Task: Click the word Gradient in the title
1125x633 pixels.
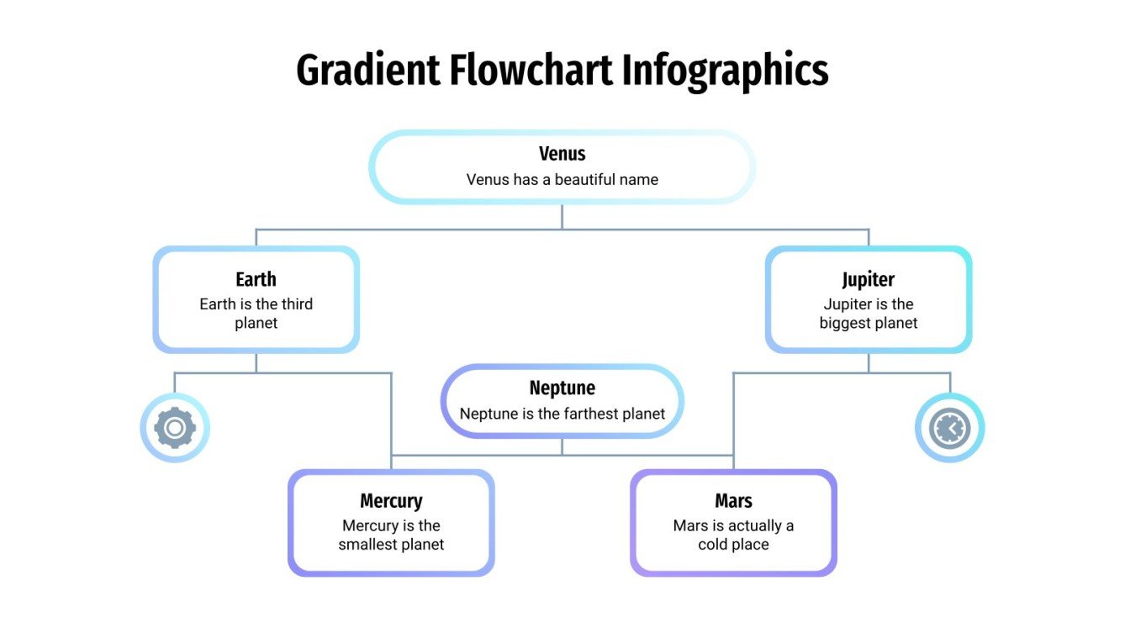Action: (x=367, y=71)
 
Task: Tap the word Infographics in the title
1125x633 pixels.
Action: (x=725, y=71)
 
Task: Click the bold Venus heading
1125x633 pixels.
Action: (x=562, y=154)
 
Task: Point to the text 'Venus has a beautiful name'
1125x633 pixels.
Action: (x=562, y=179)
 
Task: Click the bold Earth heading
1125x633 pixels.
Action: (x=256, y=279)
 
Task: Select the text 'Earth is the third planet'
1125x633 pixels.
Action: (x=256, y=314)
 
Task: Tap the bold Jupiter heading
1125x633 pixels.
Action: (x=868, y=279)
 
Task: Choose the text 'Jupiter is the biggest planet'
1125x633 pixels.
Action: (x=868, y=314)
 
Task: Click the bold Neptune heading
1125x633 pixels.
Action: (x=562, y=388)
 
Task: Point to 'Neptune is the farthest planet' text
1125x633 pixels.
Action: (x=562, y=414)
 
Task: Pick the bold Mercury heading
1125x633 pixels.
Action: (x=391, y=501)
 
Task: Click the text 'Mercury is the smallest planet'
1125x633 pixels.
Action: (x=391, y=535)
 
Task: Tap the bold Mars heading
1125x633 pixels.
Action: (x=733, y=501)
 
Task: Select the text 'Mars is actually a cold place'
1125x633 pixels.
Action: (x=733, y=535)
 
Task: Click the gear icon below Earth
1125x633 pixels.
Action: (x=175, y=428)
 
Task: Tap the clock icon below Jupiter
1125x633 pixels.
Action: (x=949, y=428)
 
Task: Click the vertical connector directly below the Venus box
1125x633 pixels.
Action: (x=562, y=216)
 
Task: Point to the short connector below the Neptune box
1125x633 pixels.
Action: (x=562, y=446)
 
